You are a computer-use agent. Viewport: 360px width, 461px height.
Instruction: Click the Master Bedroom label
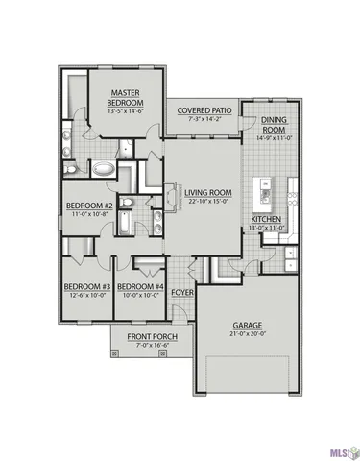click(125, 96)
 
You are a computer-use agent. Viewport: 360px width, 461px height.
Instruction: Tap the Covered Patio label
click(202, 110)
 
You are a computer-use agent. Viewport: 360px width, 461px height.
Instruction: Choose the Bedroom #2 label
click(90, 206)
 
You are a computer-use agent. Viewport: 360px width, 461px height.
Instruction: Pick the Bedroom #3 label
click(87, 286)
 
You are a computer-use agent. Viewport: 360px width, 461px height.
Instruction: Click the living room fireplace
click(173, 194)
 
